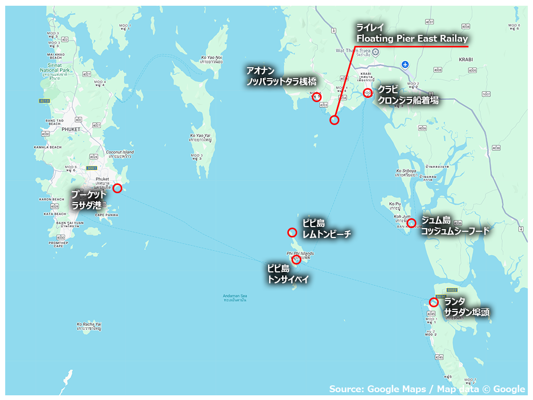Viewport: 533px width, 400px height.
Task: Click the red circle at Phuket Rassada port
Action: click(117, 188)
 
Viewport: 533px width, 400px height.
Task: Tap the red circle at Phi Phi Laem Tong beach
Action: click(292, 232)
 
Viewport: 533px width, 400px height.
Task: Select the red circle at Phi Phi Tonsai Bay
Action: click(296, 259)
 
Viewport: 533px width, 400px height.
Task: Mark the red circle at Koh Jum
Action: click(411, 223)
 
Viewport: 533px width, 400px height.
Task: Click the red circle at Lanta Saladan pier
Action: click(434, 302)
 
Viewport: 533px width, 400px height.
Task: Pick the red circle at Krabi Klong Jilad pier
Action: click(367, 93)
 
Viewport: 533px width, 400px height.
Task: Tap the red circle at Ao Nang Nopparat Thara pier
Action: click(316, 96)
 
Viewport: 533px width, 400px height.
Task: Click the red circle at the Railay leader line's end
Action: click(334, 120)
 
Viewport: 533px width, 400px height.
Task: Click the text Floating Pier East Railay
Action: click(412, 39)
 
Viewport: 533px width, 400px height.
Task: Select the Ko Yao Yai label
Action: click(200, 138)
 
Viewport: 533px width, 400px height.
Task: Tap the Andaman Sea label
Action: click(235, 298)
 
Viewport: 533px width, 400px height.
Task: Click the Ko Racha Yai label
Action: click(88, 326)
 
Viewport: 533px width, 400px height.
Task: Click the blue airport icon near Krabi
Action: click(405, 65)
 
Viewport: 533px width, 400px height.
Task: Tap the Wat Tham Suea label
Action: click(351, 51)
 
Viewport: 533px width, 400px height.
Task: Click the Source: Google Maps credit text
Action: click(427, 389)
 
